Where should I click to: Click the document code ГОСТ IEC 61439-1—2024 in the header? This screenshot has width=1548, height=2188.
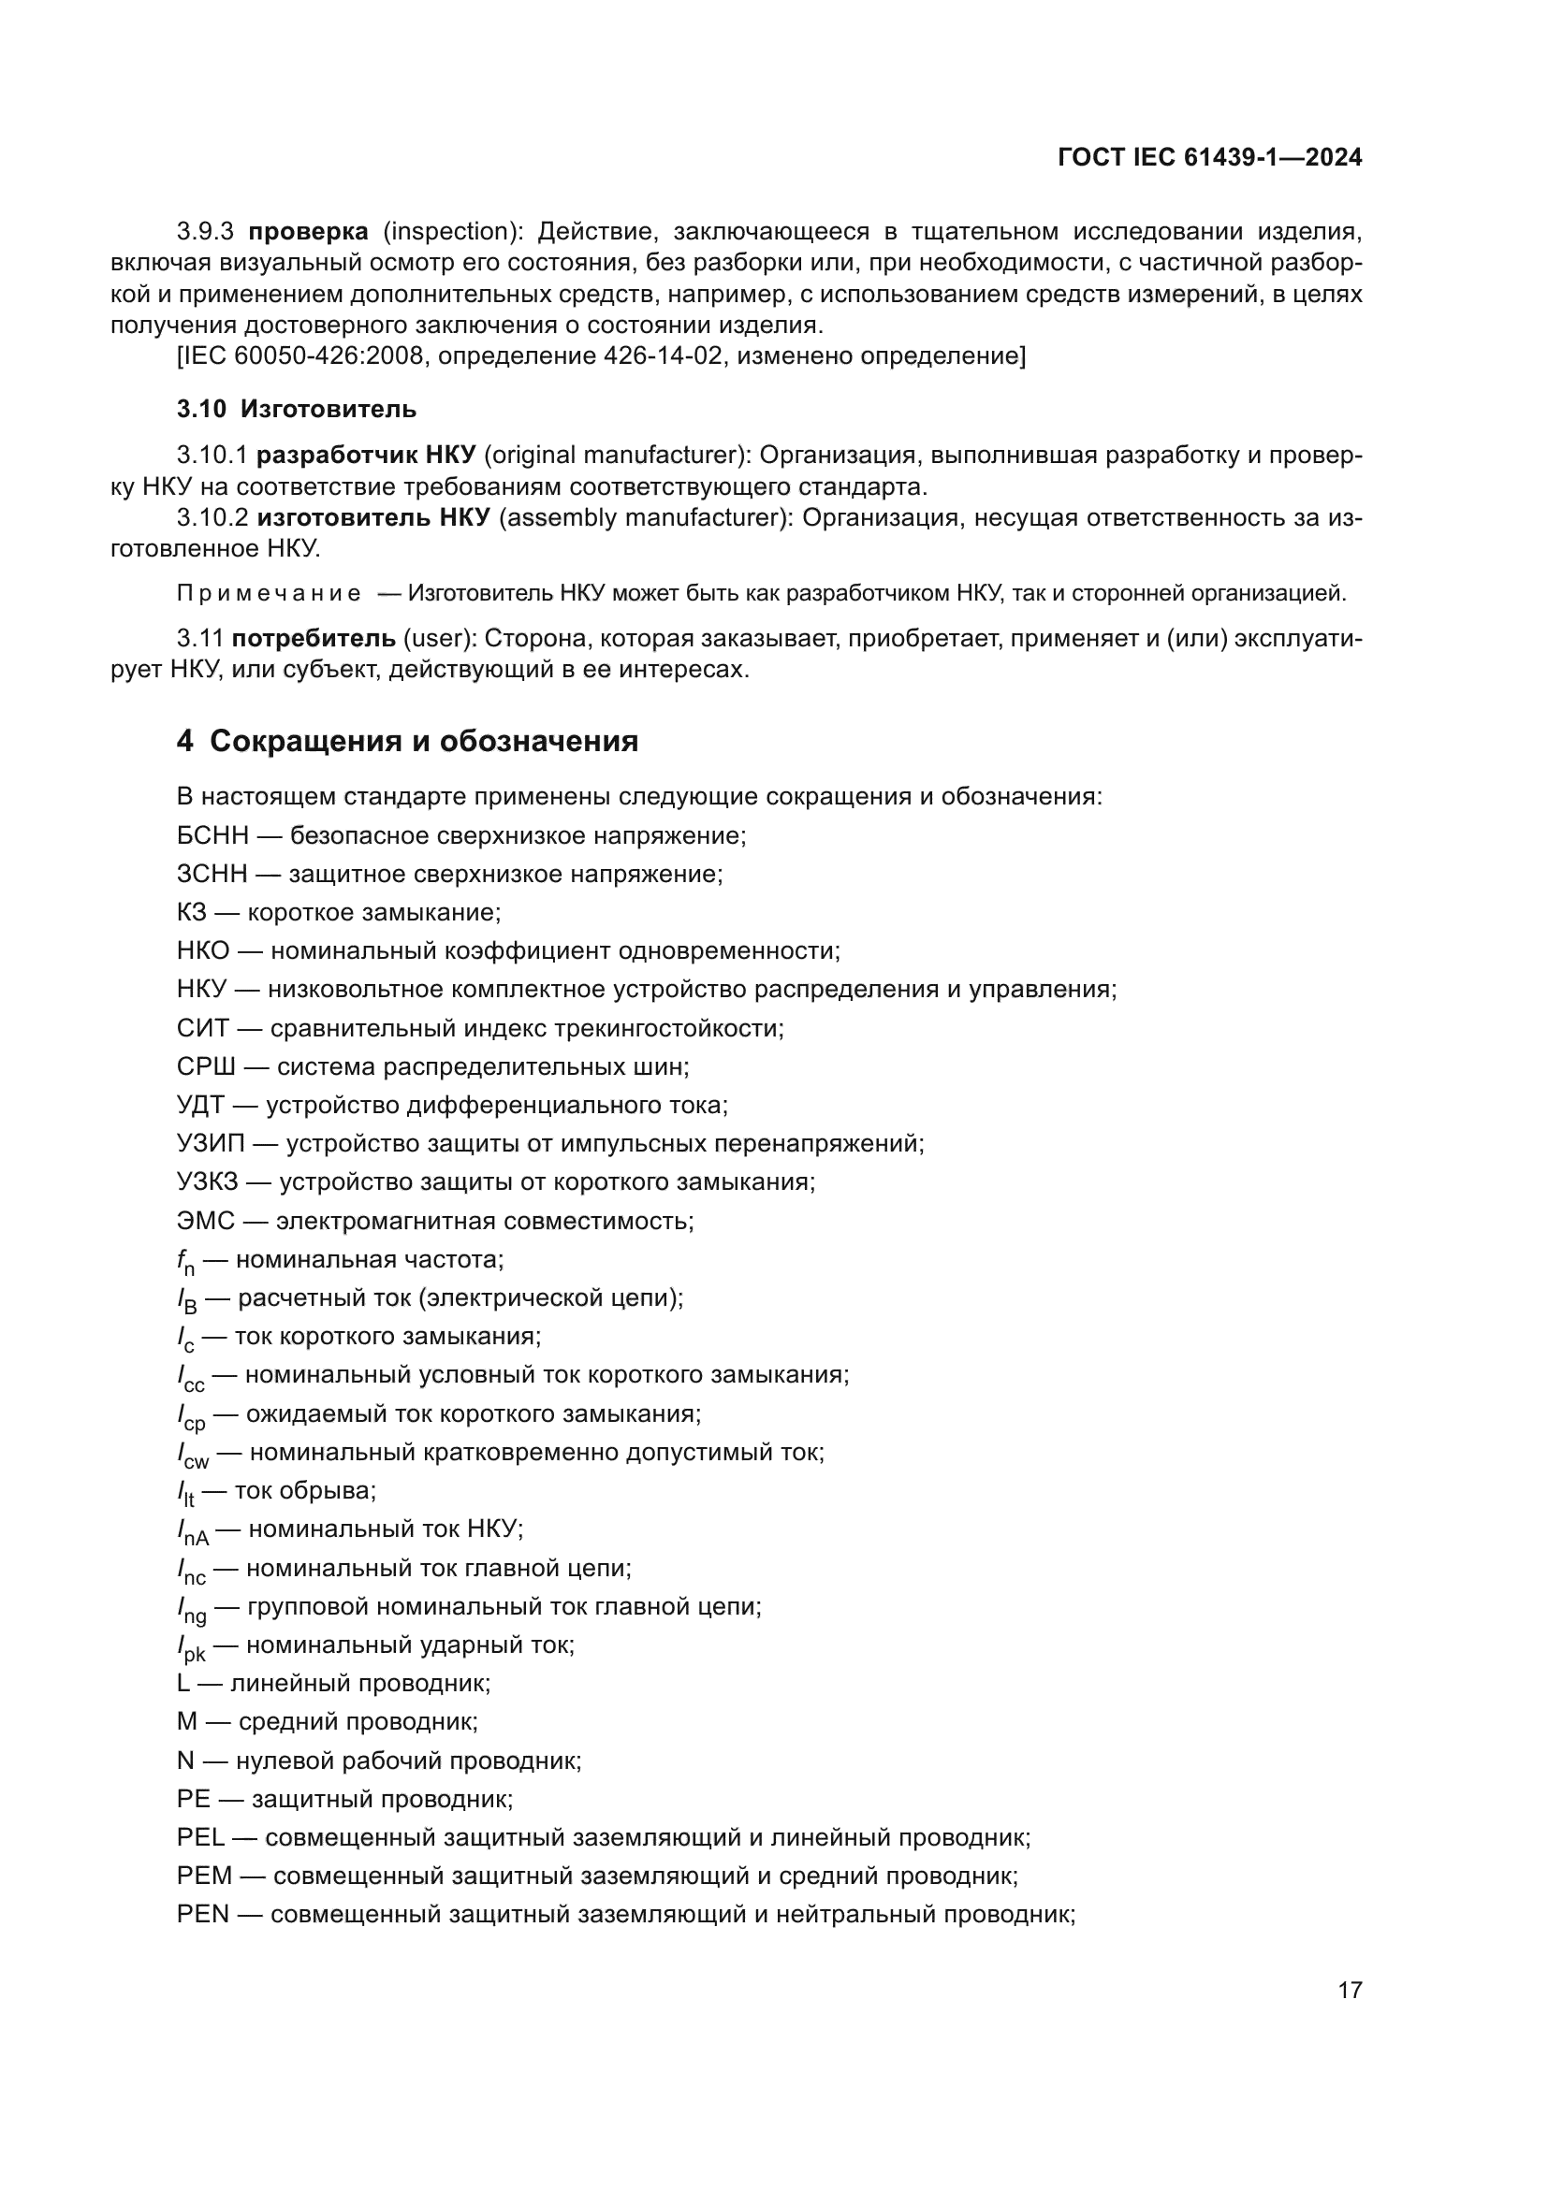coord(1209,158)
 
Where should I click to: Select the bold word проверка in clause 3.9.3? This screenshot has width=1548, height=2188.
coord(308,232)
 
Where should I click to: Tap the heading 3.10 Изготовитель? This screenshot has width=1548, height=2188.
coord(297,409)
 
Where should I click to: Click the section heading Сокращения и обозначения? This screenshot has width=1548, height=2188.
coord(423,741)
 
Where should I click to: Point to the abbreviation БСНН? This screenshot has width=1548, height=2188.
coord(212,835)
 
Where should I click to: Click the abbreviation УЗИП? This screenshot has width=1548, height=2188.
coord(211,1142)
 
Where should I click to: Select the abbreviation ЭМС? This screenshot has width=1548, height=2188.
coord(205,1220)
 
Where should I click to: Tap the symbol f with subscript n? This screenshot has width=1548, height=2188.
coord(185,1262)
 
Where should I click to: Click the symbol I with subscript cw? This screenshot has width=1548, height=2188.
coord(193,1456)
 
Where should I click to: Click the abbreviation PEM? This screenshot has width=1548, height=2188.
coord(204,1876)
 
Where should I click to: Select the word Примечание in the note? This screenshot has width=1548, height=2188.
coord(269,594)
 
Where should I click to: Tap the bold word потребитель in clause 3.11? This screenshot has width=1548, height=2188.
coord(313,638)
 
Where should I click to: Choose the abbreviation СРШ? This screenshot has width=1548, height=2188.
coord(205,1066)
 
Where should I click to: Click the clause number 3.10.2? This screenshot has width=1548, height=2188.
coord(212,517)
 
